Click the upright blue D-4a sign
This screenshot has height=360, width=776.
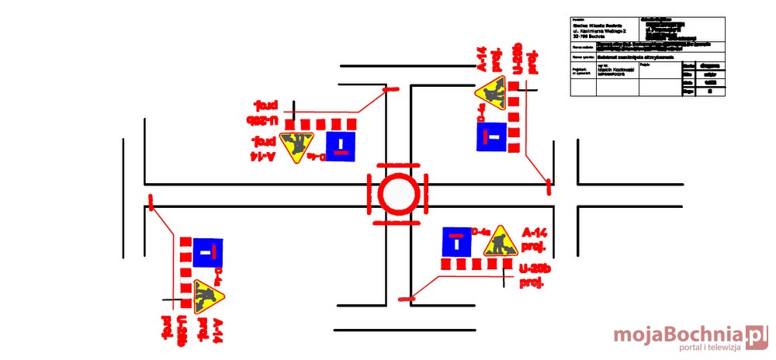pos(456,243)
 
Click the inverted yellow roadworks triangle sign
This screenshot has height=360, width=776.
pos(296,146)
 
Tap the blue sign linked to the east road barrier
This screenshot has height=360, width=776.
pos(490,137)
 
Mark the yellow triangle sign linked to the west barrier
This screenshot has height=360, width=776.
pos(206,295)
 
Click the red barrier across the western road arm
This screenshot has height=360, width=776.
pos(151,202)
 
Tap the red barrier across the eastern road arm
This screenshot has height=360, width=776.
pos(549,185)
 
